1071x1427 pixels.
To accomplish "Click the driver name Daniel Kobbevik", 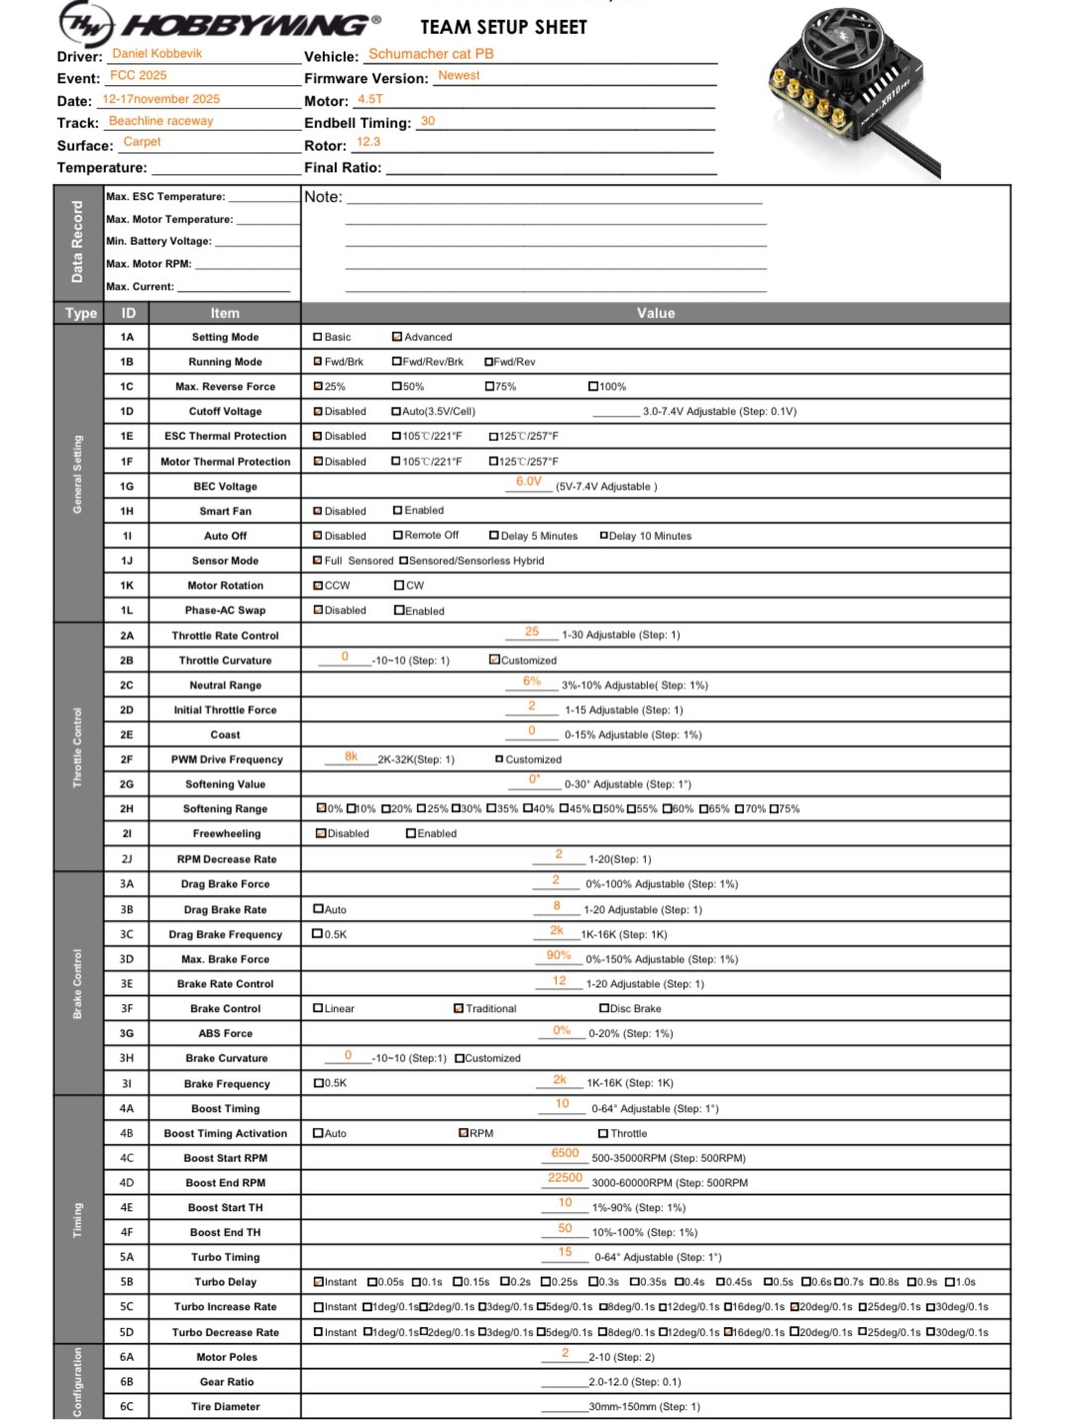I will [157, 53].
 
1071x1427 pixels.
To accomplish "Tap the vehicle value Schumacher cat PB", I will [431, 53].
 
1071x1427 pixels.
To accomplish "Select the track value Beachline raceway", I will [161, 121].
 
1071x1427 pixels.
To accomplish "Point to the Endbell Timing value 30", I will [428, 121].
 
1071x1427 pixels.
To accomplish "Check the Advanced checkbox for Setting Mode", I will [397, 338].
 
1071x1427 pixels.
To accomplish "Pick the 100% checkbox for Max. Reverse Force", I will [593, 387].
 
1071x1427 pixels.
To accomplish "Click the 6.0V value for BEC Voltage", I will [528, 482].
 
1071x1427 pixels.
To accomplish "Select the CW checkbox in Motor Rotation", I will [399, 585].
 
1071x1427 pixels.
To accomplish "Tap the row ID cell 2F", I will [127, 760].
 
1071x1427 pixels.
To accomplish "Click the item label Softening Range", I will [225, 809].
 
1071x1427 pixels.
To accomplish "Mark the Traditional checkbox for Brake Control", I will [459, 1009].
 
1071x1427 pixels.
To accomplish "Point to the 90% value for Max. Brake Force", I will [559, 956].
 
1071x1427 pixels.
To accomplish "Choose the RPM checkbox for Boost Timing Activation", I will [464, 1133].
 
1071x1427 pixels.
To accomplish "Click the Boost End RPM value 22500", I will [565, 1178].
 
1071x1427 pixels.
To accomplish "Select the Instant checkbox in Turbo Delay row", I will [319, 1282].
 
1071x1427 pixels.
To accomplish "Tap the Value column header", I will [655, 313].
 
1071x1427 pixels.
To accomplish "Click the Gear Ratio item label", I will [226, 1381].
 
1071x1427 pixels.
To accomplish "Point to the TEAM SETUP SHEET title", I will [503, 27].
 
